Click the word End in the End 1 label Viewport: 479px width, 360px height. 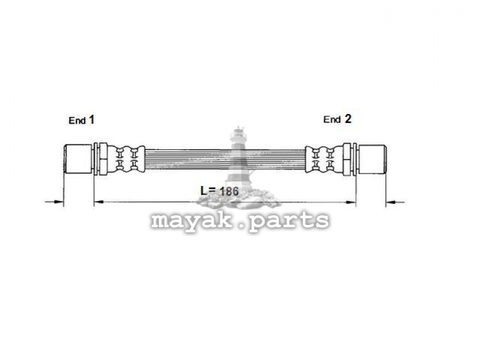(x=77, y=121)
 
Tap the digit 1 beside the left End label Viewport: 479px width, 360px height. (x=91, y=120)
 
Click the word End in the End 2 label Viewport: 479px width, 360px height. (x=332, y=119)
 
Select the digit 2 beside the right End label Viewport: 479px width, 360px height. (x=348, y=119)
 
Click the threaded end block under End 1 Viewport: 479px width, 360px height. (x=78, y=159)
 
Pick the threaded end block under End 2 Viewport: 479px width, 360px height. (x=372, y=159)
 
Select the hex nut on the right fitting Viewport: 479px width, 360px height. (x=346, y=159)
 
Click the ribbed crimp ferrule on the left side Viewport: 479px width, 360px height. (x=126, y=159)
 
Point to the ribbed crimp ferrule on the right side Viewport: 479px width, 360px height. (x=324, y=159)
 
